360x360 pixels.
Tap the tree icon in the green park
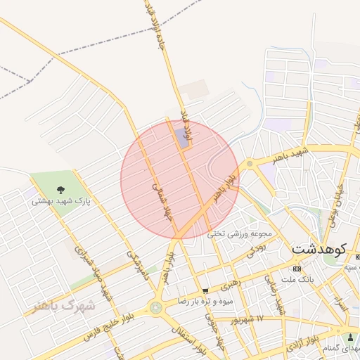click(60, 188)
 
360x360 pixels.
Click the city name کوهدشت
click(319, 249)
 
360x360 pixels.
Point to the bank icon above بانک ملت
click(296, 269)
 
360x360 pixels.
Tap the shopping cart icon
click(205, 290)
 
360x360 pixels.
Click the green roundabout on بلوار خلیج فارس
click(155, 307)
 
